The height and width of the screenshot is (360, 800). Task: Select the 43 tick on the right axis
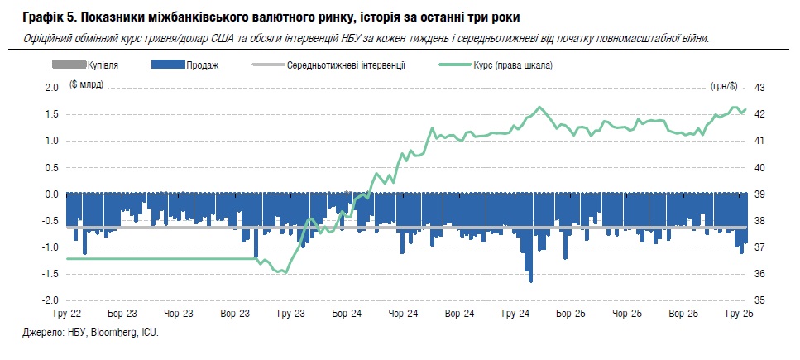pos(760,87)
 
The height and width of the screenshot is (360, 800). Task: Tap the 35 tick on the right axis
pos(760,300)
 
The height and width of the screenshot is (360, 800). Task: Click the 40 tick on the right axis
pos(760,167)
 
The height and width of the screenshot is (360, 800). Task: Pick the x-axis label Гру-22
pos(65,314)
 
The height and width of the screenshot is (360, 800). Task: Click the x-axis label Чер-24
pos(403,314)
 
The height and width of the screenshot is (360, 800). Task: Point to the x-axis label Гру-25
pos(739,314)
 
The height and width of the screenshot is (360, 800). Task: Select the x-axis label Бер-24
pos(347,314)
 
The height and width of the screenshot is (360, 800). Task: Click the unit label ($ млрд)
pos(86,86)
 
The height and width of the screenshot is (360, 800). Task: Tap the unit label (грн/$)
pos(724,86)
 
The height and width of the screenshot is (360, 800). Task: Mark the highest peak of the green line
pos(539,107)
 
